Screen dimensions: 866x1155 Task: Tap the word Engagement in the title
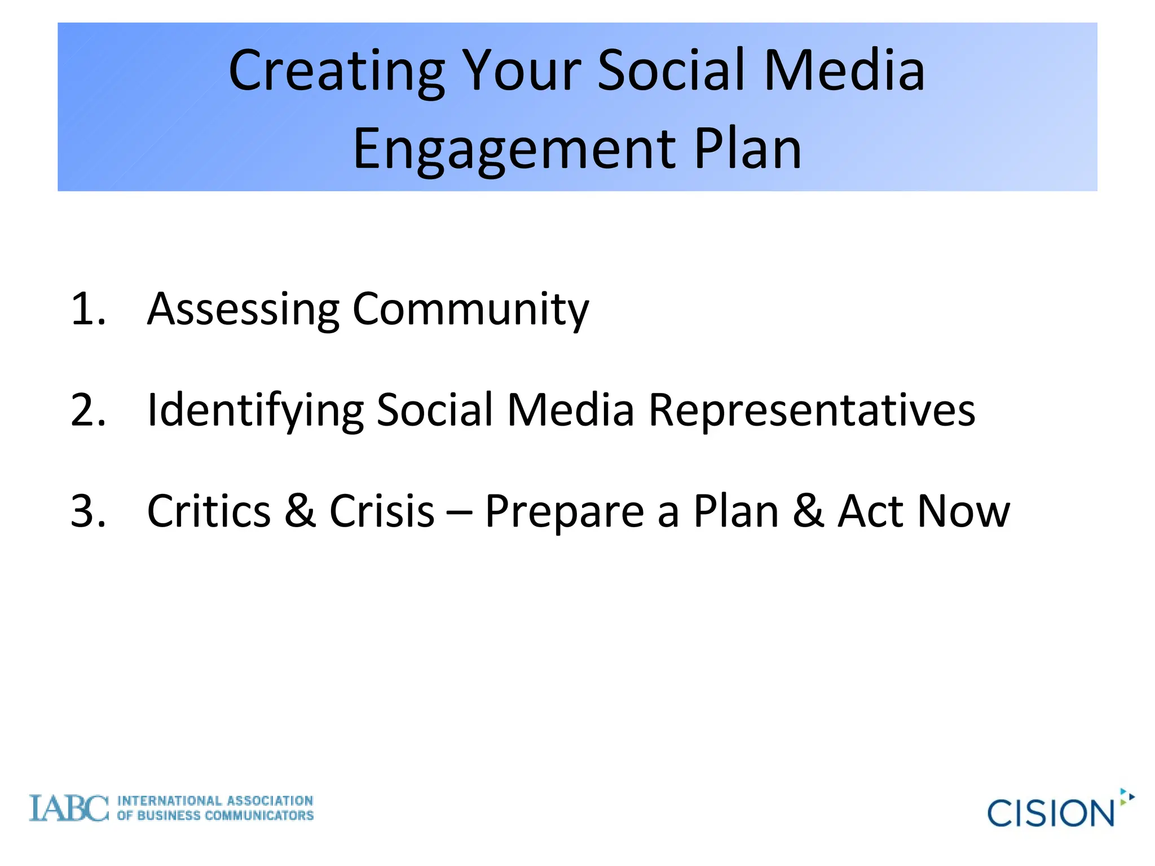pos(514,149)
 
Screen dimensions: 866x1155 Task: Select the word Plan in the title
pos(747,149)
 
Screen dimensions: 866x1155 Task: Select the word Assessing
pos(243,309)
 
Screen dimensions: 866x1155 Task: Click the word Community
pos(470,309)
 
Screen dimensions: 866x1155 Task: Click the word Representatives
pos(812,410)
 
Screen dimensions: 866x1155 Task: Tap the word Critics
pos(209,511)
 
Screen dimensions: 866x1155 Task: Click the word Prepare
pos(564,511)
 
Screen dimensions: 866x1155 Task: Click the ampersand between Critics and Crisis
pos(300,511)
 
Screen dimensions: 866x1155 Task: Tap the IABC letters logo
pos(68,808)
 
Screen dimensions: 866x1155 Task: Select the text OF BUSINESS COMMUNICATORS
pos(215,816)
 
